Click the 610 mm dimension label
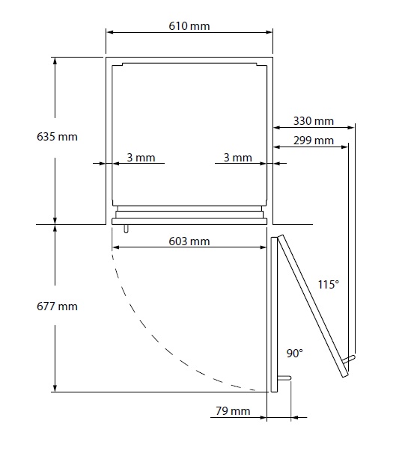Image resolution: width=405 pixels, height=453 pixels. (x=189, y=26)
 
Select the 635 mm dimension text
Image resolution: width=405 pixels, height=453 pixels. (x=57, y=137)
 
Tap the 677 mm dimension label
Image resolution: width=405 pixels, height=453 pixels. (x=57, y=306)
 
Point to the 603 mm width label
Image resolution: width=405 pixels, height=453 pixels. (x=189, y=241)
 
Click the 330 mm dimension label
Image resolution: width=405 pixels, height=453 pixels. (x=314, y=121)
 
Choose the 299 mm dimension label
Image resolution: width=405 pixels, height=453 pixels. (x=314, y=141)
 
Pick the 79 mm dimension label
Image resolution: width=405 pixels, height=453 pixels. (x=233, y=411)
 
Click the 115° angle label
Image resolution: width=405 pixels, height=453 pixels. (x=329, y=285)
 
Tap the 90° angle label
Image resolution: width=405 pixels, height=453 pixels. (x=294, y=353)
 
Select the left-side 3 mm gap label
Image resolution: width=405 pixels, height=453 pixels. (x=141, y=158)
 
